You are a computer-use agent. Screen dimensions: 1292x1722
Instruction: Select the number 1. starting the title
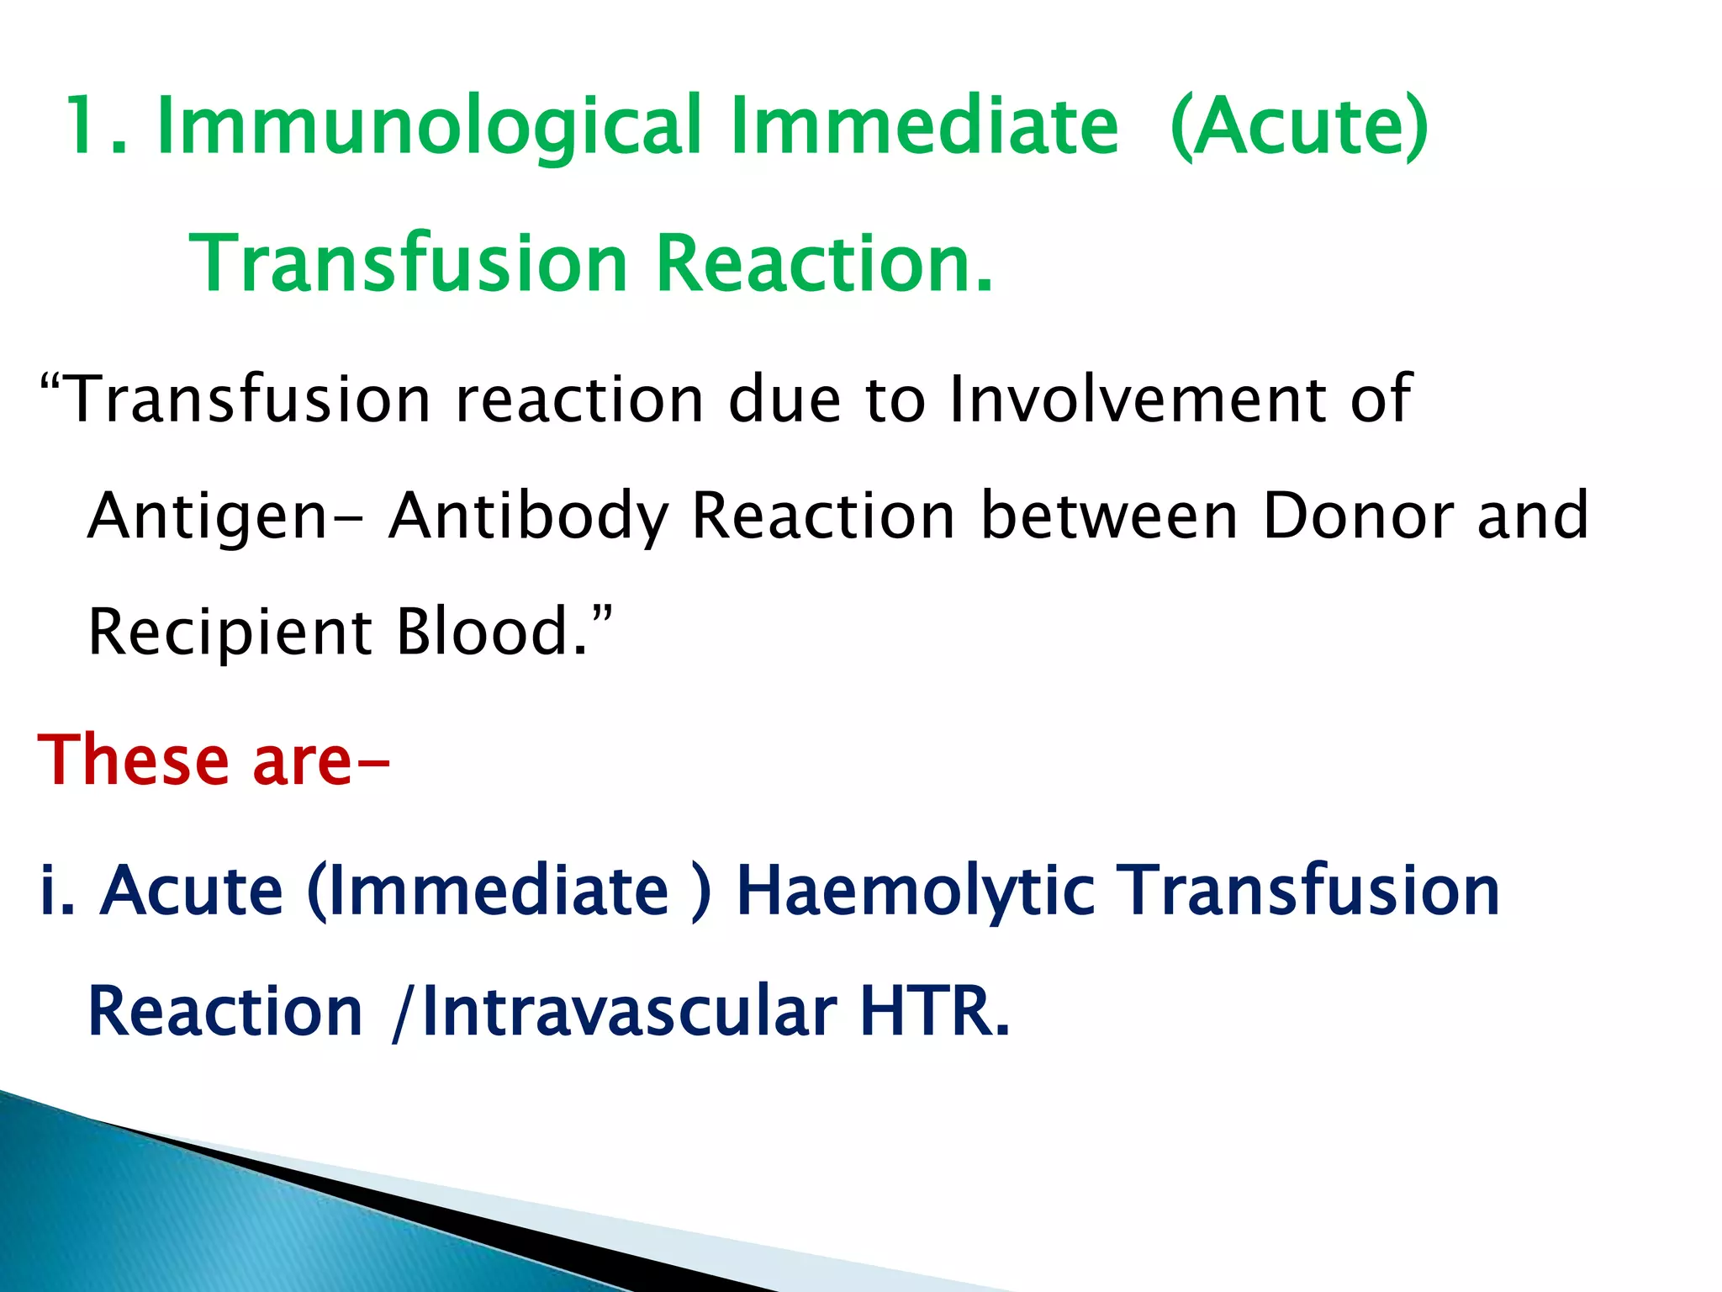pos(95,126)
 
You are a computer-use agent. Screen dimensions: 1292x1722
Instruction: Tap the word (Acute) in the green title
pos(1299,126)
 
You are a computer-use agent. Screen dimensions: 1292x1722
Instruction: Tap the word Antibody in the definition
pos(529,516)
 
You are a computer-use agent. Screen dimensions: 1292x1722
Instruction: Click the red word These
pos(133,760)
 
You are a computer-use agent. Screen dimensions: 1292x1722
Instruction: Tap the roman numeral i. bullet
pos(56,890)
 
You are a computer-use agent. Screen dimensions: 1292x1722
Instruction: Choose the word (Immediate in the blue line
pos(488,890)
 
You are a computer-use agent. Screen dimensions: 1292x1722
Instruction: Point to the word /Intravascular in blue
pos(614,1012)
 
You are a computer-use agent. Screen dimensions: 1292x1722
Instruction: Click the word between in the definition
pos(1109,515)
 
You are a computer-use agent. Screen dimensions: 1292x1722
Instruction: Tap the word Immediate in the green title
pos(925,126)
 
